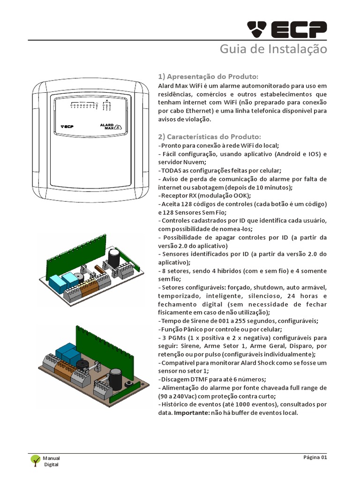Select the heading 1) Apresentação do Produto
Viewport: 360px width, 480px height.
pos(208,76)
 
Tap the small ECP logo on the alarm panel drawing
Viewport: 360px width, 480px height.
pos(67,126)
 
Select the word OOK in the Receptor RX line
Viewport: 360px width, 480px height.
pos(242,195)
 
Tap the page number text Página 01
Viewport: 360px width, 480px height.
pos(314,457)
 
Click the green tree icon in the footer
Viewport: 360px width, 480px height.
pos(35,460)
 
